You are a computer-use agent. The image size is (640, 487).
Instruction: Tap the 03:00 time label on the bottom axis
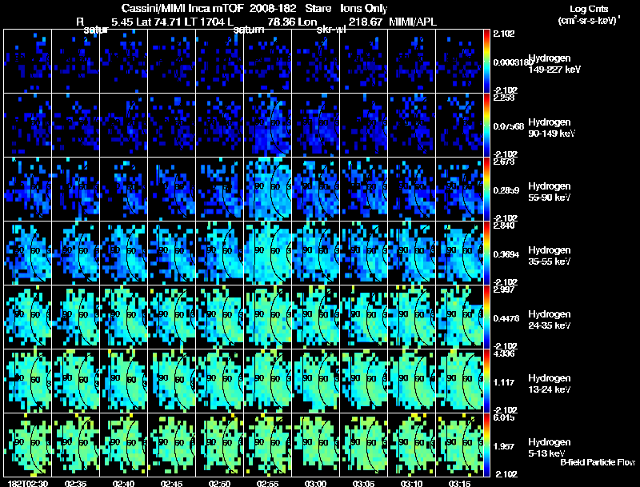click(315, 483)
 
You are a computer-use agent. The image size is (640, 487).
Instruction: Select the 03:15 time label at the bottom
click(459, 483)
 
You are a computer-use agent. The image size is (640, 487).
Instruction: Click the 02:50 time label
click(219, 483)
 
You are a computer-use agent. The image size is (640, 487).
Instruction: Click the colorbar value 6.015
click(502, 417)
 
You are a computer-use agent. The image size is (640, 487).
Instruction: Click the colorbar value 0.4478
click(503, 317)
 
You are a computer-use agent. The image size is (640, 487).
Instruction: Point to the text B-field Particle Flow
click(598, 462)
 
